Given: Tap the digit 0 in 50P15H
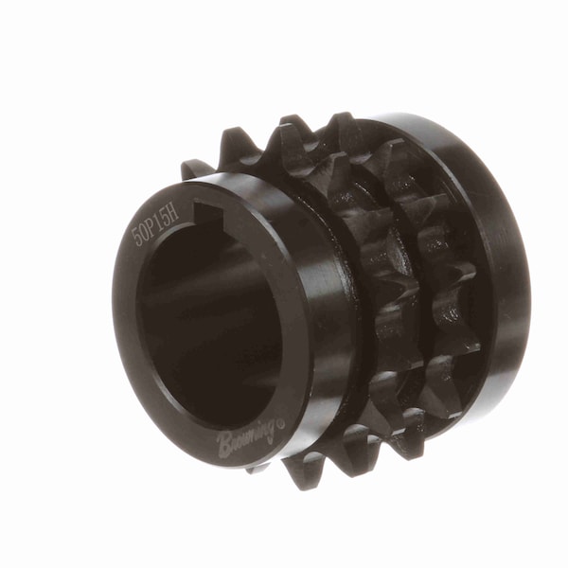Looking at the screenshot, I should (143, 228).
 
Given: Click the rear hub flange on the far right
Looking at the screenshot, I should (506, 284).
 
